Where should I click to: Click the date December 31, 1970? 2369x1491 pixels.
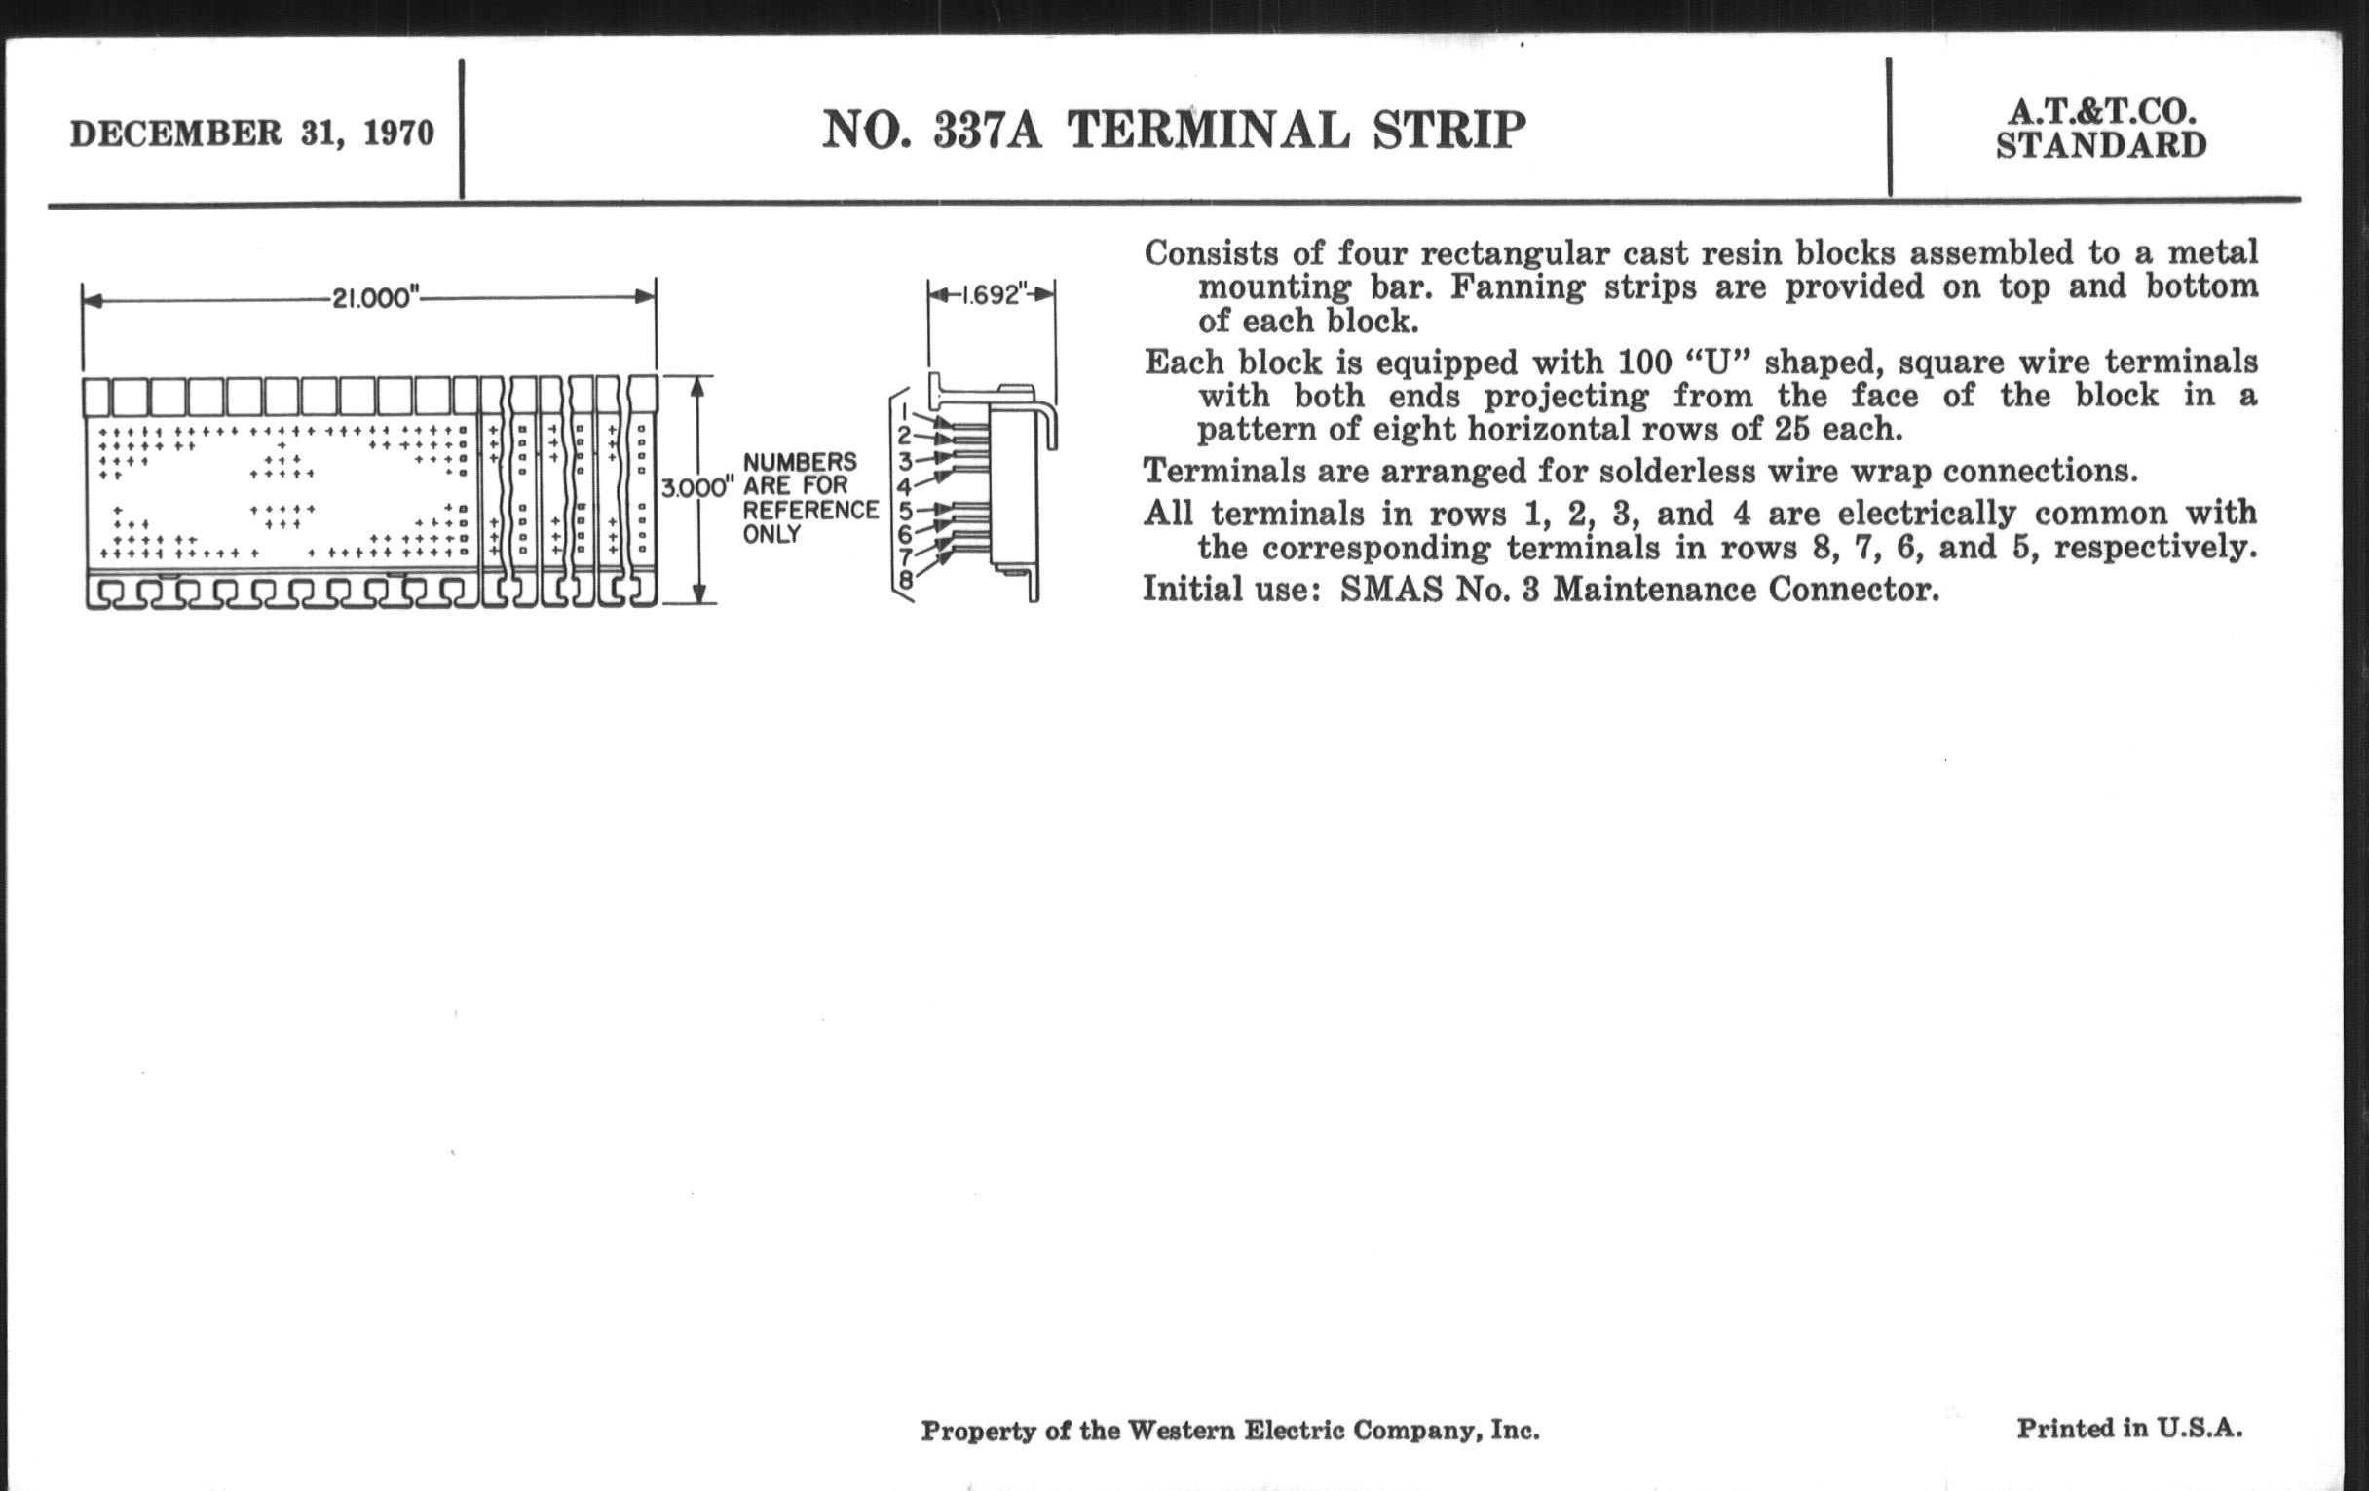pos(252,133)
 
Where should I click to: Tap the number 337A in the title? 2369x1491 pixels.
pos(988,130)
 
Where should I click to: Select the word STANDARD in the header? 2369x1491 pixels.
pos(2101,145)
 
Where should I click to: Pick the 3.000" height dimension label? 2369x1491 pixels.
pos(697,487)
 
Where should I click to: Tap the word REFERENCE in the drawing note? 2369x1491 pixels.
pos(810,510)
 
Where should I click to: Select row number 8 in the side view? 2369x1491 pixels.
pos(906,581)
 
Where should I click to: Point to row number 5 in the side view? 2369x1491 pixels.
pos(906,510)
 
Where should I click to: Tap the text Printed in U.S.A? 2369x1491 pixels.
pos(2130,1428)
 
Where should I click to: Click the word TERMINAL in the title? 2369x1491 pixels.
pos(1209,130)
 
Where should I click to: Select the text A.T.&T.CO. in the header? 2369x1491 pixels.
pos(2101,111)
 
